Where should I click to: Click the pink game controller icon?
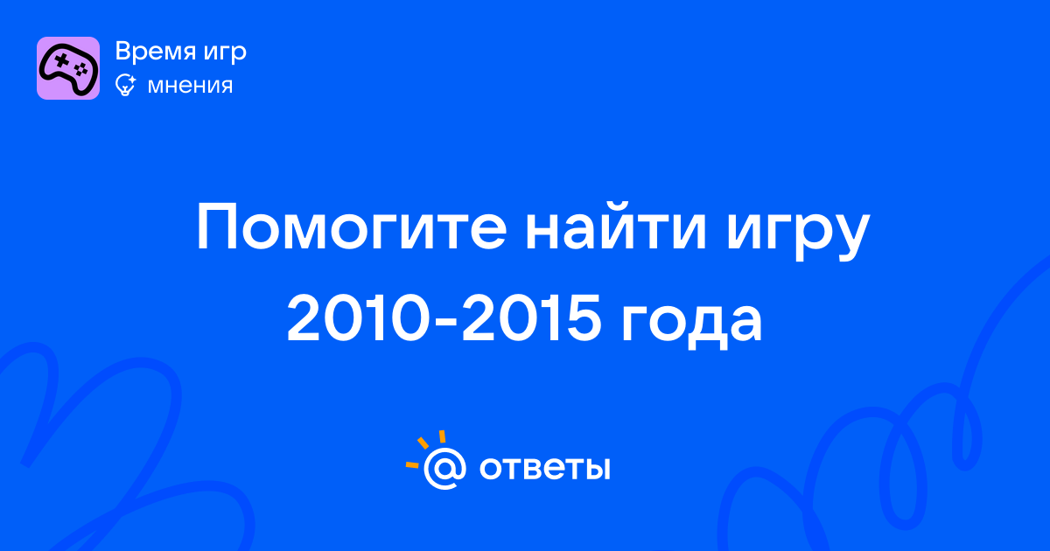pos(68,68)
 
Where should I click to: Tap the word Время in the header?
pos(155,51)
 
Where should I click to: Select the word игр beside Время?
pos(225,52)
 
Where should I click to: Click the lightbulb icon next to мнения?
pos(125,85)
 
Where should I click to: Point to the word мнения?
pos(190,86)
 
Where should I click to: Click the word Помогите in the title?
pos(352,227)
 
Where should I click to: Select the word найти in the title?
pos(615,227)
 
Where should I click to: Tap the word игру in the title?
pos(797,232)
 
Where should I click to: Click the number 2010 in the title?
pos(358,317)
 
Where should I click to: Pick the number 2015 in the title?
pos(532,317)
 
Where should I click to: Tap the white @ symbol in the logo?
pos(444,469)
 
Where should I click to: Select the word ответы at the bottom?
pos(544,468)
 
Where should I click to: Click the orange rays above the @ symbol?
pos(425,449)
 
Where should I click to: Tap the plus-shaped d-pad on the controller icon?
pos(61,60)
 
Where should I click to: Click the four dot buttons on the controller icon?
pos(81,70)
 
